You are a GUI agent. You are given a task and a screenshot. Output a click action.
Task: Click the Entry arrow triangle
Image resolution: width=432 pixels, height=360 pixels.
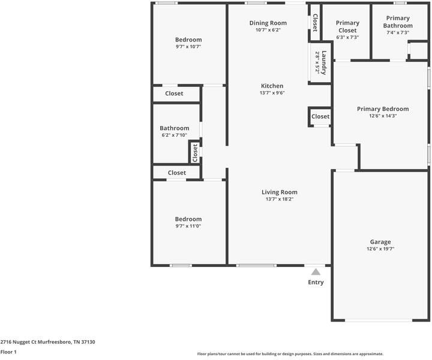pos(316,272)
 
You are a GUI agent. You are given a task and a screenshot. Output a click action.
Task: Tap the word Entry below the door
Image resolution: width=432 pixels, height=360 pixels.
pos(316,282)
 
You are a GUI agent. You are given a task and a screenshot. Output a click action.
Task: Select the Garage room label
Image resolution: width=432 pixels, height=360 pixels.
pos(380,241)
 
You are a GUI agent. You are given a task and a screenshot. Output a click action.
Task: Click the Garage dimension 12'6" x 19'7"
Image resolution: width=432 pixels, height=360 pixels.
pos(380,249)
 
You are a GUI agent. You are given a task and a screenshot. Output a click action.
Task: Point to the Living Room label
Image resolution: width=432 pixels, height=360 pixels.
pos(279,192)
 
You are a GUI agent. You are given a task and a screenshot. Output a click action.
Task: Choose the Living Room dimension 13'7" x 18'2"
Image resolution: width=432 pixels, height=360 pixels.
pos(279,199)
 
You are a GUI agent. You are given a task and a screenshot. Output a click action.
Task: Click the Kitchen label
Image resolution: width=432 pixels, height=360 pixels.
pos(272,86)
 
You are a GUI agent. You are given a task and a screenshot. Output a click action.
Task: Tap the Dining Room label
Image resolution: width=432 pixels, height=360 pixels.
pos(268,23)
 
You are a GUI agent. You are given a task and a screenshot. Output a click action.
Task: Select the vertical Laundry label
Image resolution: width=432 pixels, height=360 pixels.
pos(323,62)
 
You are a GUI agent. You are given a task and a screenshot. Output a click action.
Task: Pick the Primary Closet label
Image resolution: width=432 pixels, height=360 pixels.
pos(347,26)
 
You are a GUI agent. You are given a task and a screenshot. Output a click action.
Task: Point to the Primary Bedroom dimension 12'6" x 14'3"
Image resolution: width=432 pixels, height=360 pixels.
pos(382,116)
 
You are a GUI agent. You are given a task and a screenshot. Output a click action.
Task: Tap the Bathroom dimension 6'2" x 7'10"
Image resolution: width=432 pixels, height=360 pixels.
pos(174,136)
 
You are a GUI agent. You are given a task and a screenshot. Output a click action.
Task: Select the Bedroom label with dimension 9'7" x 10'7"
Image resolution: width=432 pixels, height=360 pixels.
pos(188,40)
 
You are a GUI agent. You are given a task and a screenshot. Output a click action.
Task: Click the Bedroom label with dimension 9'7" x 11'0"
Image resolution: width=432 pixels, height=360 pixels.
pos(188,219)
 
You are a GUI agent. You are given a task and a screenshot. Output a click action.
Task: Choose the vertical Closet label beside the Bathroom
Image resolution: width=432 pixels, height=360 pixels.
pos(195,152)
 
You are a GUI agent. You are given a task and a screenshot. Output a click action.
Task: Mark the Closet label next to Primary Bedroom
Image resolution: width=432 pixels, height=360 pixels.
pos(320,116)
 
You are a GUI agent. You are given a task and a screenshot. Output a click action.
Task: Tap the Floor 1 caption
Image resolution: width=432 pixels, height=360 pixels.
pos(8,352)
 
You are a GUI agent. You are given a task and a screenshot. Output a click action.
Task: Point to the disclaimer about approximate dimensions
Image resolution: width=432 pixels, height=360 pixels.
pos(290,354)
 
